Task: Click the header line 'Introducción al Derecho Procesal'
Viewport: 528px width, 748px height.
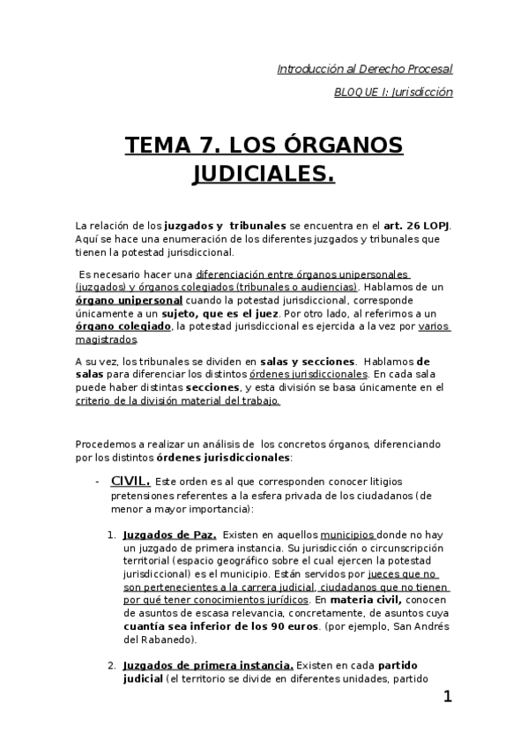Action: (x=365, y=68)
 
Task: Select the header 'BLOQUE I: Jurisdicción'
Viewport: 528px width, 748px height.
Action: (x=394, y=92)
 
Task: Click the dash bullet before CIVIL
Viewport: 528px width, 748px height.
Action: (x=96, y=482)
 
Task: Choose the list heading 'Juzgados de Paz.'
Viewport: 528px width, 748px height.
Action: (x=170, y=535)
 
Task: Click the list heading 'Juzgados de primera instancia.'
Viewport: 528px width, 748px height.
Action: (x=208, y=640)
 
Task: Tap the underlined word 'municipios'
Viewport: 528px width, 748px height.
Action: (x=348, y=535)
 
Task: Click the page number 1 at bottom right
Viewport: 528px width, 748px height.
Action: (x=448, y=698)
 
